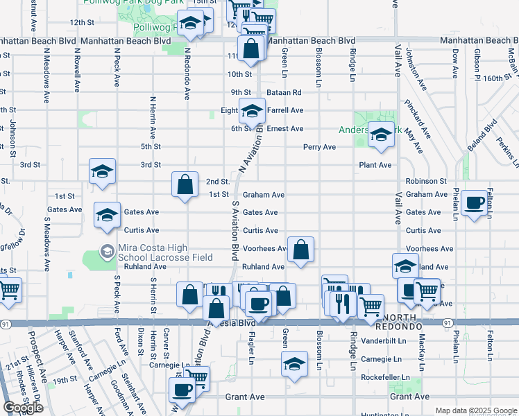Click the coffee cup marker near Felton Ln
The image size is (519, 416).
point(474,202)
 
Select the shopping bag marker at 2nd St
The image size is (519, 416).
point(185,184)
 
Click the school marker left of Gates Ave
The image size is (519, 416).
point(107,214)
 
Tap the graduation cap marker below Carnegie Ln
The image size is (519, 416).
point(294,363)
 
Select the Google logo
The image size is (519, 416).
point(24,407)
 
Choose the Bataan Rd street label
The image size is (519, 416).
point(287,92)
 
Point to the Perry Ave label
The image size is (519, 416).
point(319,147)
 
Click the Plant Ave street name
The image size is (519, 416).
point(375,165)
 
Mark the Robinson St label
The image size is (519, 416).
point(426,180)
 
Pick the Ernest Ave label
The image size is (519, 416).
point(285,129)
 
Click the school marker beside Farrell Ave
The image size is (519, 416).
point(252,110)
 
